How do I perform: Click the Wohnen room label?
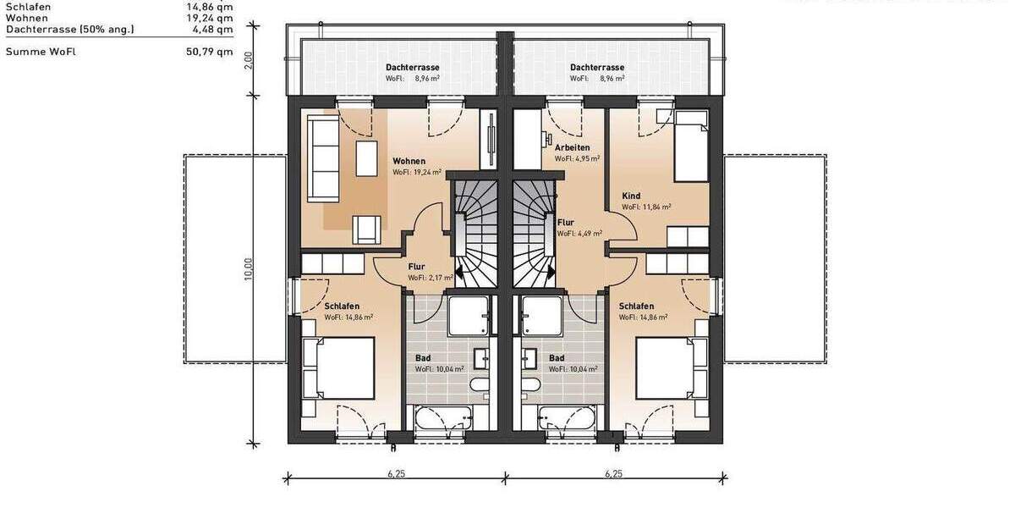(x=409, y=161)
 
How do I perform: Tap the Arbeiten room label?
(x=572, y=147)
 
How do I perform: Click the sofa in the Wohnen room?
(x=322, y=159)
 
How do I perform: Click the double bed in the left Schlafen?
(x=339, y=368)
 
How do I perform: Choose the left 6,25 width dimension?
(x=397, y=474)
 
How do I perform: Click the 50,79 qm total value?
(x=209, y=52)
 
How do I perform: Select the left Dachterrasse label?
(x=412, y=67)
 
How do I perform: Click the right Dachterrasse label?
(x=596, y=67)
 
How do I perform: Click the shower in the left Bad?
(x=468, y=315)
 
